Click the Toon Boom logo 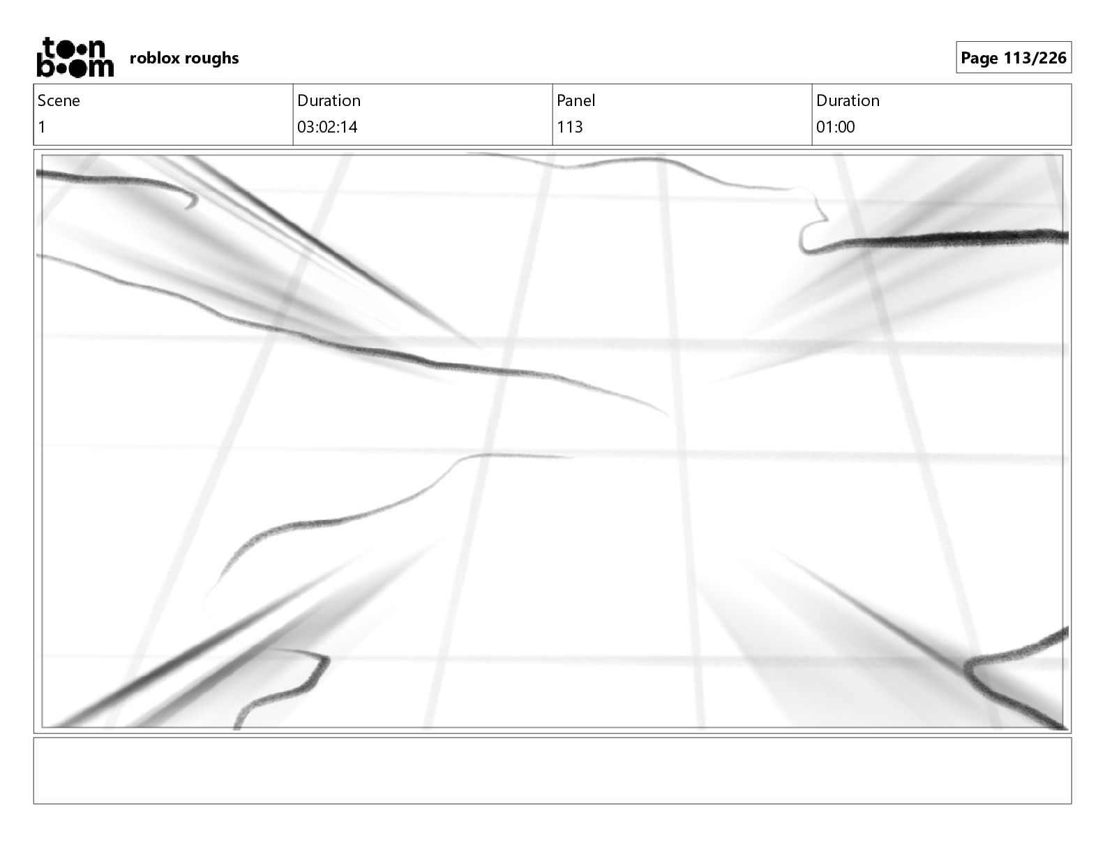pos(75,57)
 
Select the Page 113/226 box pos(1013,58)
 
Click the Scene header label pos(59,100)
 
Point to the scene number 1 pos(42,127)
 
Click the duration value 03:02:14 pos(327,127)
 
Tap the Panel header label pos(576,100)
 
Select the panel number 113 pos(569,127)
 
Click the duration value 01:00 pos(835,127)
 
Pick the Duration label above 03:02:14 pos(329,100)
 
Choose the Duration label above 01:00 pos(848,100)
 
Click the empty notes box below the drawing pos(552,770)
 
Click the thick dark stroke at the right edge pos(977,239)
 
